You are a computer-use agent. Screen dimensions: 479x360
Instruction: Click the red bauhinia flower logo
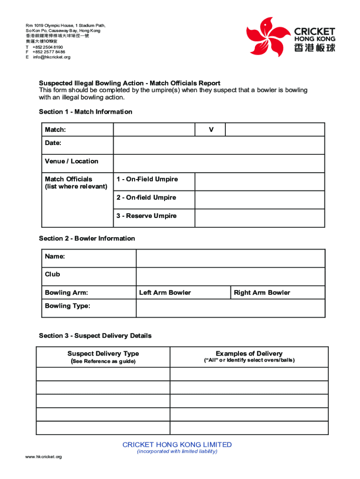point(266,37)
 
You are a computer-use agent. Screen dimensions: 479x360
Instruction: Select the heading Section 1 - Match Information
point(85,112)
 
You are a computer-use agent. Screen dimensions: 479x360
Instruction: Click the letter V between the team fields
point(211,130)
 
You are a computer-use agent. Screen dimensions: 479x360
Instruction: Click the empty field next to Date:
point(219,145)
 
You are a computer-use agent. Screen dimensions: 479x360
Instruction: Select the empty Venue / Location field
point(219,164)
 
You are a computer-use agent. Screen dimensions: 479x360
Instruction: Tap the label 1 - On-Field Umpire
point(147,180)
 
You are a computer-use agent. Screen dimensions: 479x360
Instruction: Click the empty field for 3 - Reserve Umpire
point(259,218)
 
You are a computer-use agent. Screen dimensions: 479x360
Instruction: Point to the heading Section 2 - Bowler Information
point(86,239)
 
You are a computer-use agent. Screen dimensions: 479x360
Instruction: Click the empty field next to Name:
point(230,258)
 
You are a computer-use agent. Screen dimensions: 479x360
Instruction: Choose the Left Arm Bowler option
point(165,293)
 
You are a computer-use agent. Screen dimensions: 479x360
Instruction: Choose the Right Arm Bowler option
point(262,293)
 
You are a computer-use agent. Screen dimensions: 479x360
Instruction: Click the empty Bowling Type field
point(230,308)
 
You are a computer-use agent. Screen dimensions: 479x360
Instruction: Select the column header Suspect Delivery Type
point(103,354)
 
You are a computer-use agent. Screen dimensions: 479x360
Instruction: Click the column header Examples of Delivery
point(249,354)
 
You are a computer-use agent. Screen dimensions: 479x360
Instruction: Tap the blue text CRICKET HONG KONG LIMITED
point(177,445)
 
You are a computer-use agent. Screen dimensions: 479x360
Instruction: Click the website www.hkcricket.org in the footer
point(43,457)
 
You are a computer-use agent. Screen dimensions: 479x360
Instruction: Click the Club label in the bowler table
point(52,275)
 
